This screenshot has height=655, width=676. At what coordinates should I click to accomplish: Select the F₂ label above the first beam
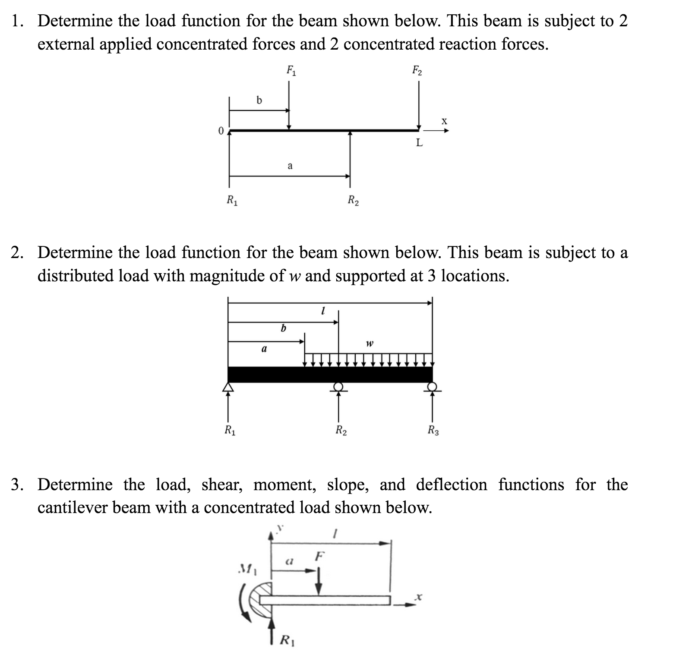pos(417,70)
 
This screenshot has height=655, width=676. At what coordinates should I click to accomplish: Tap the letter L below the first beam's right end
pos(419,142)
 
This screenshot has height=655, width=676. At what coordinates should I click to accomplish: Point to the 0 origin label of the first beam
pos(221,131)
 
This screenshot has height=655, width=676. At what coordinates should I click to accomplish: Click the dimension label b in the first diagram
pos(259,101)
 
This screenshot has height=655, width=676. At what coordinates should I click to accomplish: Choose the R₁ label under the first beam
pos(232,201)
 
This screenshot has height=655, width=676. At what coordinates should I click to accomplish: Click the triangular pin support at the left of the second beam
pos(228,387)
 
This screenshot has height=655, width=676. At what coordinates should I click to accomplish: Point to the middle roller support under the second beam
pos(338,387)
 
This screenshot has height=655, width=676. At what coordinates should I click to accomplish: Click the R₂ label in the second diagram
pos(341,430)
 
